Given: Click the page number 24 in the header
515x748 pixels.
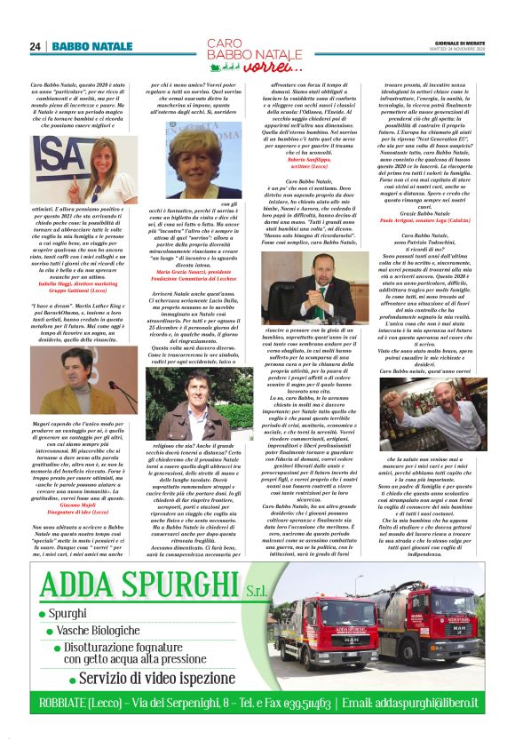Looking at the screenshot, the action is [x=35, y=46].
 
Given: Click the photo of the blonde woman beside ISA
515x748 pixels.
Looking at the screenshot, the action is [x=97, y=170].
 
